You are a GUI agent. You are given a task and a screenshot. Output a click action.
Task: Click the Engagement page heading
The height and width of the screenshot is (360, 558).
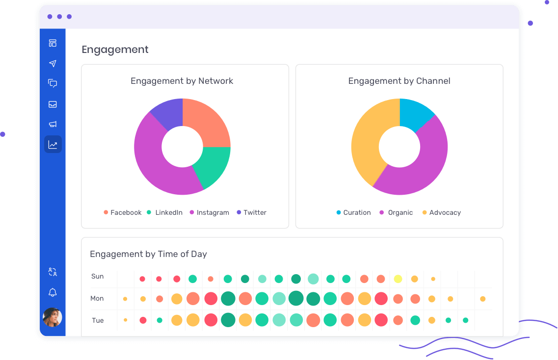(115, 50)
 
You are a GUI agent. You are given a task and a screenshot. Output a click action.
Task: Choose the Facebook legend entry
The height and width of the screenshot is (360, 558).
(122, 212)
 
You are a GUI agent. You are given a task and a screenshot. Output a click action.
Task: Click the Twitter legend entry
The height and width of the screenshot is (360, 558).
(251, 212)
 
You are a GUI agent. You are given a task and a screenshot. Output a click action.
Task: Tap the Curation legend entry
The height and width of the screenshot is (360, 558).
(353, 212)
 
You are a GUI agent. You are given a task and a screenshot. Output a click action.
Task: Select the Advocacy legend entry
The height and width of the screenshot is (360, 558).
(441, 212)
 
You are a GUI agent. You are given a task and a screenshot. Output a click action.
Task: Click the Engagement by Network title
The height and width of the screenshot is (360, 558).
(182, 81)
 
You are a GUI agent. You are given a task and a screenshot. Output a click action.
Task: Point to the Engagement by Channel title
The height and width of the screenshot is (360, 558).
(399, 81)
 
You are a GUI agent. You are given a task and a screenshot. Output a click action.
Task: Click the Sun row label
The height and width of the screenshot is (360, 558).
(98, 276)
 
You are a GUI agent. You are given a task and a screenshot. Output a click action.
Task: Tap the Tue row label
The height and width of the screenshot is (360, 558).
(98, 320)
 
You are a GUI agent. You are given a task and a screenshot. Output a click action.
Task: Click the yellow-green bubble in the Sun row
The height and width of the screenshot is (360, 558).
(398, 279)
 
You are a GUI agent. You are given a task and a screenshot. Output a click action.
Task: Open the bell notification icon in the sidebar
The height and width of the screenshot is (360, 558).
(53, 293)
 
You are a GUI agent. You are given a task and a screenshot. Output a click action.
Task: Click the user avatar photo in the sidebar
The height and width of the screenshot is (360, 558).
(53, 317)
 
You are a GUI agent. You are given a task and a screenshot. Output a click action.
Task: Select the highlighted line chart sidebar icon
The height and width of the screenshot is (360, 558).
(53, 145)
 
